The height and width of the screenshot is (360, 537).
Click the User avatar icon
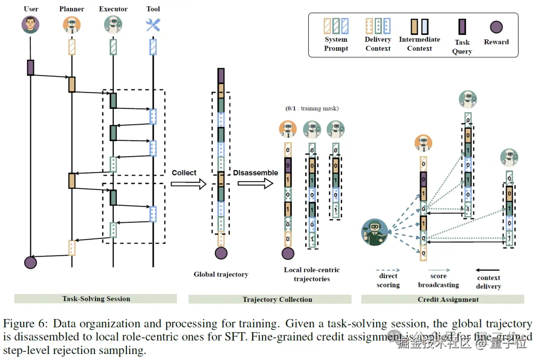point(30,24)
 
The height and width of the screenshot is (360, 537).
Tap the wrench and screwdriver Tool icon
point(153,24)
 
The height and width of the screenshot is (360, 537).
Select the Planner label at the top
point(72,9)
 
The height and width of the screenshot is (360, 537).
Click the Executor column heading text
point(113,9)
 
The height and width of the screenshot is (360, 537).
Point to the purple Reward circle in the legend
point(496,27)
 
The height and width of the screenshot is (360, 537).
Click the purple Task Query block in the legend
point(462,26)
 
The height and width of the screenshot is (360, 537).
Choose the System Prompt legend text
point(336,44)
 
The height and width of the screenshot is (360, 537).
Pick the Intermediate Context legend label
point(420,44)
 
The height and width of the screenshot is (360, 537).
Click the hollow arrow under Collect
point(188,184)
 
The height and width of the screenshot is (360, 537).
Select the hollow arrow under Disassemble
point(255,183)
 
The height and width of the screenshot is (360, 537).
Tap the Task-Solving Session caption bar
point(96,299)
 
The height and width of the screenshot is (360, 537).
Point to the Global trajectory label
point(221,274)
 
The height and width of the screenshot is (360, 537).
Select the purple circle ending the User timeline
point(30,262)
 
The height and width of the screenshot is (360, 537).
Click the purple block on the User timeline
point(30,67)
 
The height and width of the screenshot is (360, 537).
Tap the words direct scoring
point(388,280)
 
